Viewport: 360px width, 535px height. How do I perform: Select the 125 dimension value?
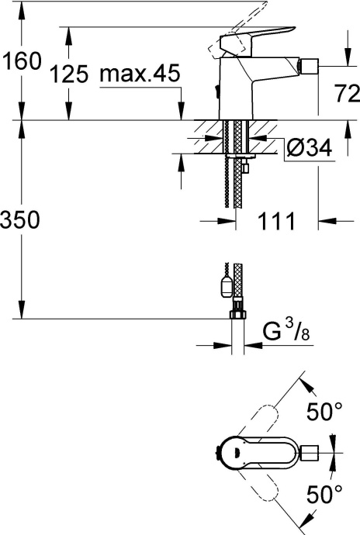[x=68, y=75]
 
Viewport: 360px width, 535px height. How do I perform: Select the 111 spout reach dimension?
[x=276, y=222]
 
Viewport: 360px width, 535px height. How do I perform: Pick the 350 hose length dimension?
[x=22, y=220]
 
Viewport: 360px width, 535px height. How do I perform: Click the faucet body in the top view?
[x=248, y=452]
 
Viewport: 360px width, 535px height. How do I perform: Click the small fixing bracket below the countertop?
[x=245, y=164]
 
